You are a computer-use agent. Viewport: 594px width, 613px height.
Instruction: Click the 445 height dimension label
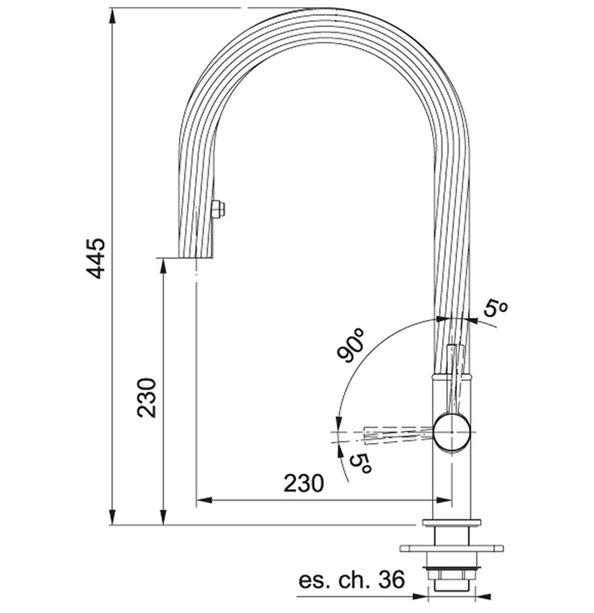[x=95, y=258]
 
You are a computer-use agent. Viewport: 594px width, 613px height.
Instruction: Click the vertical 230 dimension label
[x=147, y=398]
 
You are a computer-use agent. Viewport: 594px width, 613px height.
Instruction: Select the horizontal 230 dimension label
[x=304, y=483]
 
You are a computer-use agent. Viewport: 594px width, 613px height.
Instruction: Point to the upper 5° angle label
[x=495, y=308]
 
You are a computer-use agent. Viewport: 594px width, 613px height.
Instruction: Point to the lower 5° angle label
[x=360, y=464]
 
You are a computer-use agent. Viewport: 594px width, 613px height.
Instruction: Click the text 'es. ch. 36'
[x=352, y=580]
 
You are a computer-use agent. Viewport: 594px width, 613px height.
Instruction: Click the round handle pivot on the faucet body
[x=452, y=432]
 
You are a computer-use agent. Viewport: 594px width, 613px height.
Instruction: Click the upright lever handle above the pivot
[x=456, y=379]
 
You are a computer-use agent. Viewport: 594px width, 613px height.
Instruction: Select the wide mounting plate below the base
[x=451, y=548]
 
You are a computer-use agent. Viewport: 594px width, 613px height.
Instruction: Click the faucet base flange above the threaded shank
[x=451, y=522]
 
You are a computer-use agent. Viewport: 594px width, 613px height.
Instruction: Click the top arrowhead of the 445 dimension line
[x=112, y=16]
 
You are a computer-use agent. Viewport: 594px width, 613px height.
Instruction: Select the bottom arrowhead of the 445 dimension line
[x=112, y=518]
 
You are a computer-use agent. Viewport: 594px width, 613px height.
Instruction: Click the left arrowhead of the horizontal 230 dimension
[x=204, y=500]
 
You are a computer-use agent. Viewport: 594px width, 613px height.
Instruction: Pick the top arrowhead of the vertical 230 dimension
[x=164, y=266]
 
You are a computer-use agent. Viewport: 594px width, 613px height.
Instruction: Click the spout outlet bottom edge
[x=196, y=257]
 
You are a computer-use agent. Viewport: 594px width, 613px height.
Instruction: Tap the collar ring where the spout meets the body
[x=452, y=376]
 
